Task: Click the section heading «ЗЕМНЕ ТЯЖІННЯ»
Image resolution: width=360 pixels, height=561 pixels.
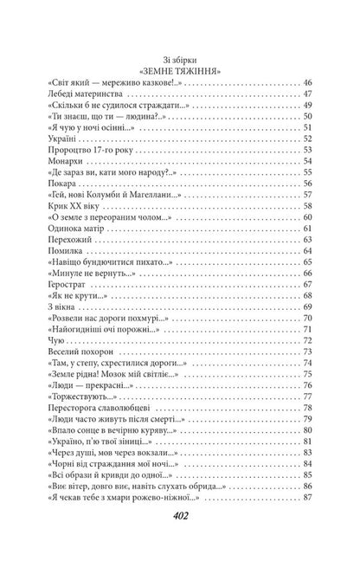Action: coord(180,68)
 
